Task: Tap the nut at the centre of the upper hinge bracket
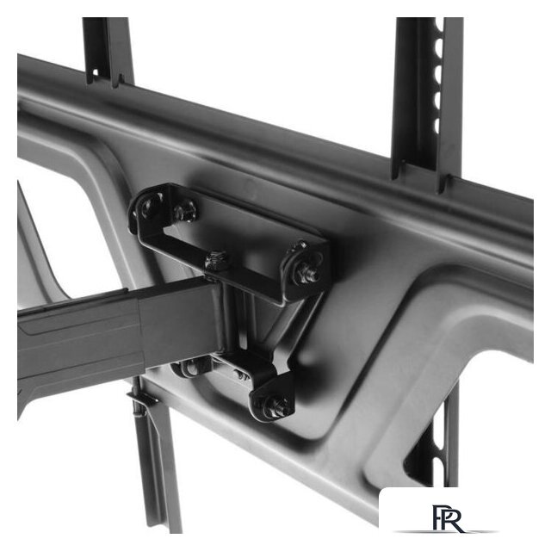click(x=216, y=260)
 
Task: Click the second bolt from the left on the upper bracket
click(x=185, y=212)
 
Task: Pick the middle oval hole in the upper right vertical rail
click(x=438, y=74)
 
